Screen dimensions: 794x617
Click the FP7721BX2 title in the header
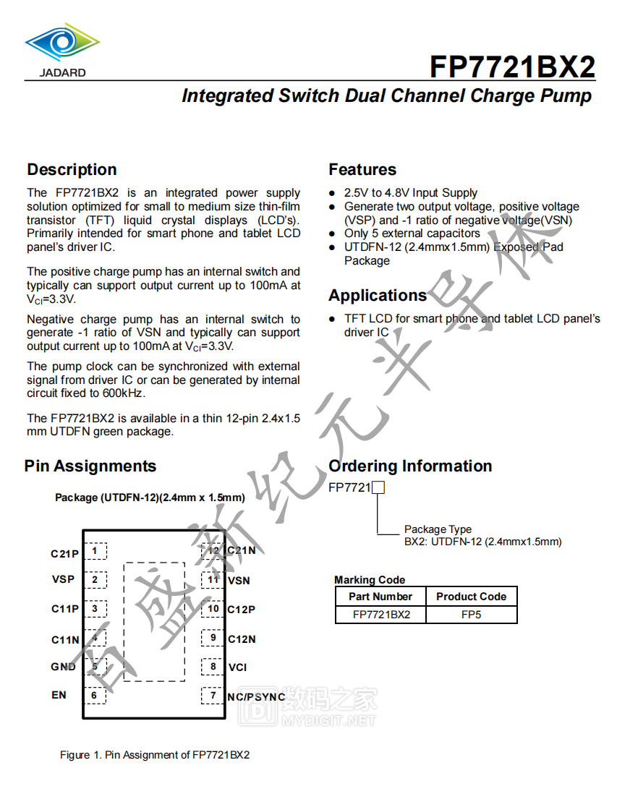click(x=512, y=67)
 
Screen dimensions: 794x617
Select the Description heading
click(x=72, y=170)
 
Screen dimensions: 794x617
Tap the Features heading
click(x=362, y=170)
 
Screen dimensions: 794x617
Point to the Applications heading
click(x=378, y=295)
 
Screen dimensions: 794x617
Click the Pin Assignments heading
click(x=90, y=466)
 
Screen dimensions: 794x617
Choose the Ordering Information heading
click(x=410, y=466)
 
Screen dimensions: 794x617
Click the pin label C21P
click(x=64, y=554)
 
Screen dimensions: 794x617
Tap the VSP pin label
click(x=63, y=579)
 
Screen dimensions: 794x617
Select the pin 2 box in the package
click(x=95, y=580)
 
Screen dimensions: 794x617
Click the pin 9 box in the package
click(x=213, y=638)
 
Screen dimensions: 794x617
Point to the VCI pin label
click(x=237, y=667)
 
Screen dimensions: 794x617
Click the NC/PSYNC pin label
click(x=256, y=697)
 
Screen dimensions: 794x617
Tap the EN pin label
click(x=59, y=695)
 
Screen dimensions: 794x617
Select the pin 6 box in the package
click(x=94, y=696)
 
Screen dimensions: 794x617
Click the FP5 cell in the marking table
click(x=471, y=615)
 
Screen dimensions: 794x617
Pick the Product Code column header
click(x=471, y=597)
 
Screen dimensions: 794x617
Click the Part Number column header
click(x=380, y=597)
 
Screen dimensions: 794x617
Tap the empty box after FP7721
click(x=378, y=488)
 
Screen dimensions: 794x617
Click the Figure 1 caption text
click(x=155, y=755)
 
